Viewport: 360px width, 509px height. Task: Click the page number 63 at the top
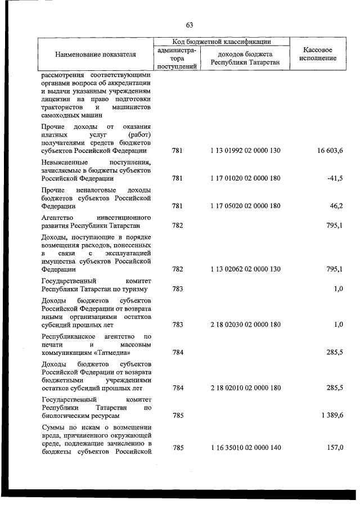click(x=189, y=25)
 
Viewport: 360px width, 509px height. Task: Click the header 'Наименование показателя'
click(x=96, y=55)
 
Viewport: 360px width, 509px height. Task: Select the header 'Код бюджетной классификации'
click(x=222, y=42)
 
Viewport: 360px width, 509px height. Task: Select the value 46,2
click(x=336, y=206)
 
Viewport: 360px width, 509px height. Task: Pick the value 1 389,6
click(x=330, y=415)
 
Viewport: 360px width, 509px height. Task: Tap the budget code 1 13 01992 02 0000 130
click(x=246, y=151)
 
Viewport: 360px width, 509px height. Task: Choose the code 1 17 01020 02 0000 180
click(x=246, y=178)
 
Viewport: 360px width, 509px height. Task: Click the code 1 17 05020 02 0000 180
click(x=246, y=206)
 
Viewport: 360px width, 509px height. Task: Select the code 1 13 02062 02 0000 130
click(x=246, y=269)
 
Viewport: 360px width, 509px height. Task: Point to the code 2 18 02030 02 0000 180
click(x=246, y=325)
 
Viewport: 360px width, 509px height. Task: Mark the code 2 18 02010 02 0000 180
click(x=246, y=388)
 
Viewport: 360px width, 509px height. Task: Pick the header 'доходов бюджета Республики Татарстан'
click(x=246, y=58)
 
